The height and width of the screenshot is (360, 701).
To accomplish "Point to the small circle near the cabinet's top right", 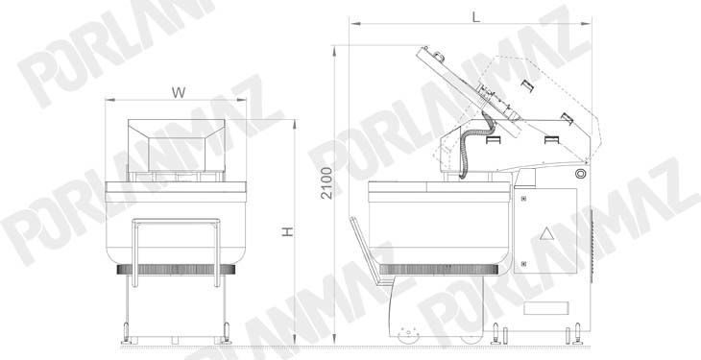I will [x=580, y=174].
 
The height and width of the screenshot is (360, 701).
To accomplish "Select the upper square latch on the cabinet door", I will [x=523, y=197].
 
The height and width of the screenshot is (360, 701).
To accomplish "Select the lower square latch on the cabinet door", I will [x=523, y=262].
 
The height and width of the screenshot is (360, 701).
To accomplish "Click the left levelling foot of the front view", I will [x=126, y=336].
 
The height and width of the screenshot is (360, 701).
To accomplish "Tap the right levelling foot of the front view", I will [x=228, y=336].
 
